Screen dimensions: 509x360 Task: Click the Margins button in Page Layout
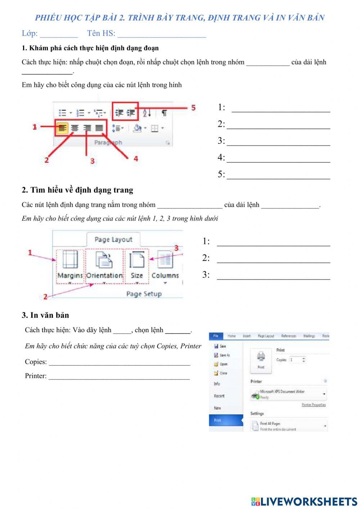(70, 265)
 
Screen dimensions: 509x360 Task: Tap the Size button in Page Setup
(136, 265)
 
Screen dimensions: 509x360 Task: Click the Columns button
(165, 265)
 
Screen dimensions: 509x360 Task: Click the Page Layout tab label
(113, 240)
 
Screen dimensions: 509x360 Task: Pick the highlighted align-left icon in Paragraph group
(63, 128)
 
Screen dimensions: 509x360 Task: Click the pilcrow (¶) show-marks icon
(164, 113)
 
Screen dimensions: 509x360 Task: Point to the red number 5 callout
(193, 108)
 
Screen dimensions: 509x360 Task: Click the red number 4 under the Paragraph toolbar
(136, 158)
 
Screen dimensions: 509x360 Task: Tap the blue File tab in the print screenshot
(216, 336)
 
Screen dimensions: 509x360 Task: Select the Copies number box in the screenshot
(297, 360)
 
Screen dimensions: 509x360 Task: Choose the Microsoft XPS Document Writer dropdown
(288, 394)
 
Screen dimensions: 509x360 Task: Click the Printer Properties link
(314, 405)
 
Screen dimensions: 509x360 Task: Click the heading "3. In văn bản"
(45, 315)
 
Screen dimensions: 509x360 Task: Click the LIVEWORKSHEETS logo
(304, 501)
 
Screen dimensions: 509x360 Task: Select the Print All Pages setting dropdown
(288, 426)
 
